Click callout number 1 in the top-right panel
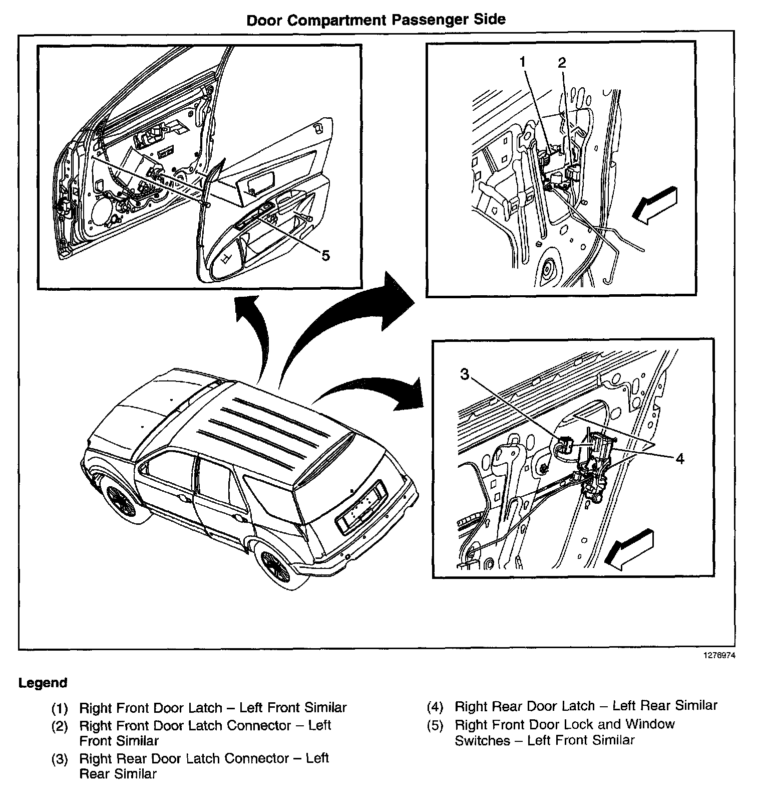(523, 63)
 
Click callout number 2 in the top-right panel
(561, 63)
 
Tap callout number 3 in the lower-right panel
(465, 374)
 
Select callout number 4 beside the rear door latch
(679, 458)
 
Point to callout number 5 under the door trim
(325, 256)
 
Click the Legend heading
(43, 683)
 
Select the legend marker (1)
(60, 709)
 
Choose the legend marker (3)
(60, 759)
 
